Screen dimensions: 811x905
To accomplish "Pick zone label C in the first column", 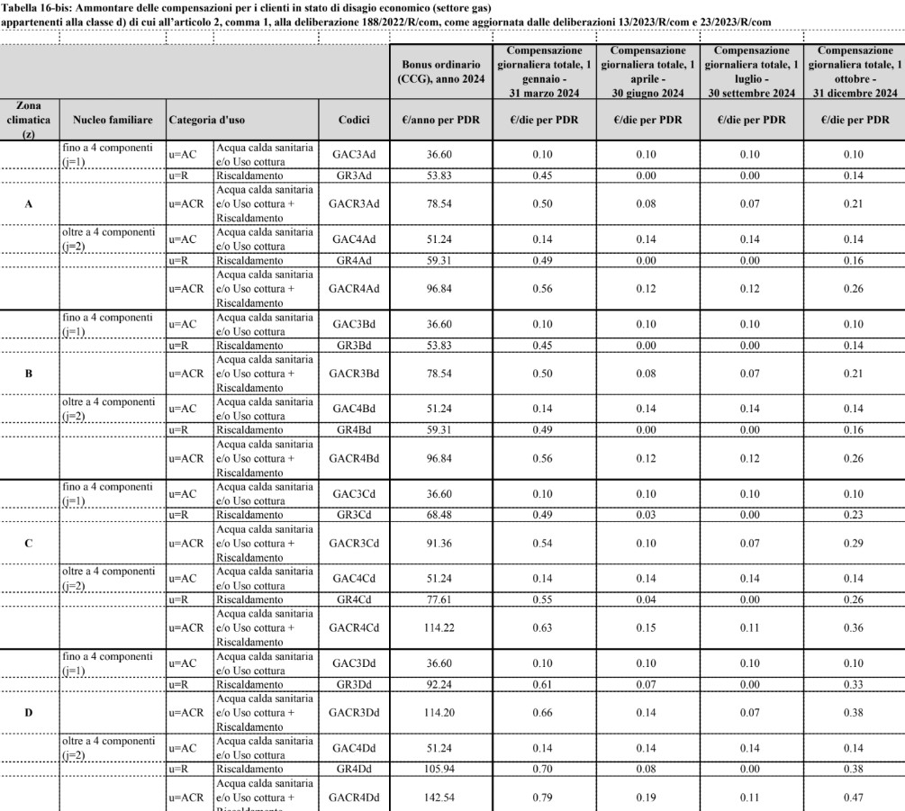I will coord(29,545).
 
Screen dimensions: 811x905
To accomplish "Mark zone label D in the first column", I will coord(29,714).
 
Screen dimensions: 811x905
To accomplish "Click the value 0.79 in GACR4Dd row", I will coord(544,796).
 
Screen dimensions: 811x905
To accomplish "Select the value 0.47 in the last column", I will coord(854,796).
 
